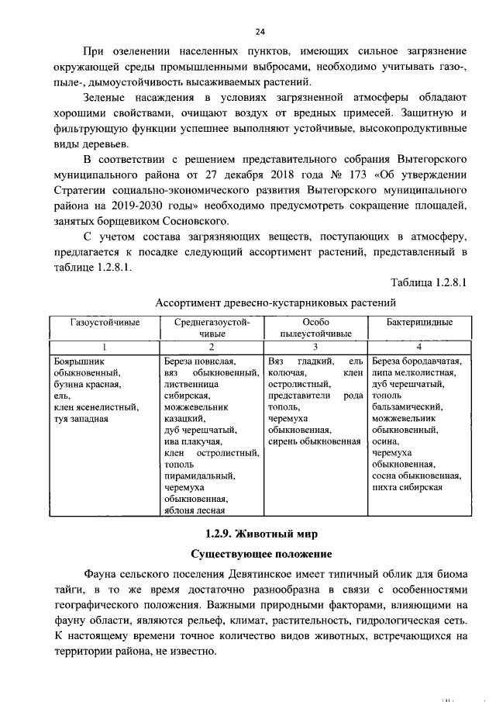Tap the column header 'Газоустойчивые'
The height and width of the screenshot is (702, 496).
(105, 322)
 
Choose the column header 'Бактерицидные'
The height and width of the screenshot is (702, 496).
(418, 322)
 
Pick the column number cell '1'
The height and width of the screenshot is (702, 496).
(105, 347)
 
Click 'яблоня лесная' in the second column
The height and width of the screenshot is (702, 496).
(195, 510)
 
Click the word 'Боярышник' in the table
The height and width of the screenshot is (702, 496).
(77, 361)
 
